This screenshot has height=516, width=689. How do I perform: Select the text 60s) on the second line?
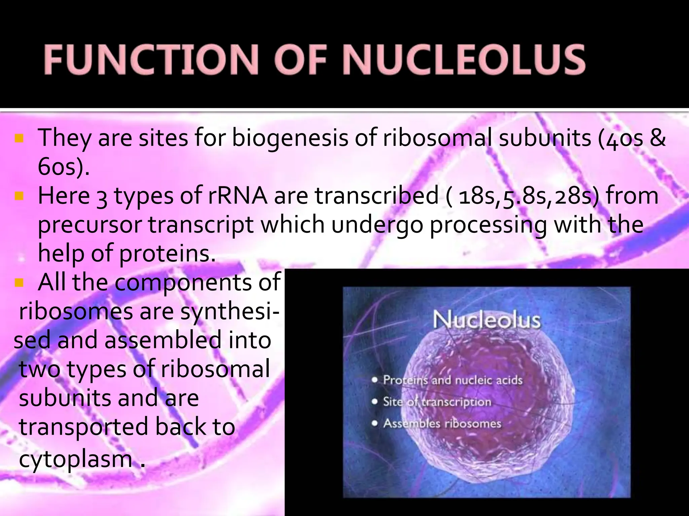[64, 167]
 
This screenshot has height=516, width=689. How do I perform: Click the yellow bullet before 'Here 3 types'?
[19, 195]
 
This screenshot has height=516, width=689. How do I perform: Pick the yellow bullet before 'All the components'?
[19, 282]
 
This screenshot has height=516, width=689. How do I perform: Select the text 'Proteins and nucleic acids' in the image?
[452, 380]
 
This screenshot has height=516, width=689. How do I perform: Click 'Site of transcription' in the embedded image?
[437, 402]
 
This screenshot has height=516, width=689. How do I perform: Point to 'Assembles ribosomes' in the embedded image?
[442, 423]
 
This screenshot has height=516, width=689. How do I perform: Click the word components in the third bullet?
[184, 282]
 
